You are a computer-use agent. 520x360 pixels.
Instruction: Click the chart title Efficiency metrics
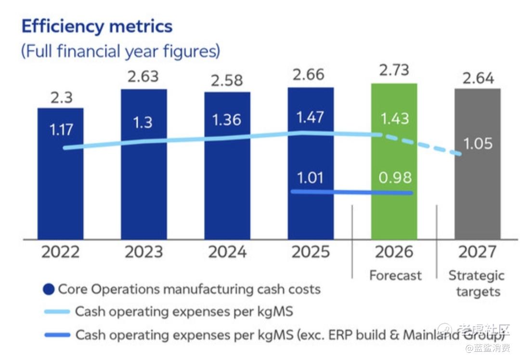pos(97,27)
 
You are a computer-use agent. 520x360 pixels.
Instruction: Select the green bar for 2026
pos(394,212)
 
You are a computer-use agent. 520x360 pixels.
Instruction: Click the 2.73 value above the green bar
pos(394,70)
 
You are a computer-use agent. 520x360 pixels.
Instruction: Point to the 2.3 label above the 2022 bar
pos(61,97)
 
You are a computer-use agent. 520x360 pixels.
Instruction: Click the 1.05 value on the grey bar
pos(478,144)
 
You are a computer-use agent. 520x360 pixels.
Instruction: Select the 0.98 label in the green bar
pos(394,177)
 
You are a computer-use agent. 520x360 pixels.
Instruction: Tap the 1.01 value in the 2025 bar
pos(311,177)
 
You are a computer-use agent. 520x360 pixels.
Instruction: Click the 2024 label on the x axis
pos(227,252)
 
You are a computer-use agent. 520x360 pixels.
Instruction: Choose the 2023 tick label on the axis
pos(143,252)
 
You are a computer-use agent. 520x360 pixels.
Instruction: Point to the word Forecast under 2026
pos(395,275)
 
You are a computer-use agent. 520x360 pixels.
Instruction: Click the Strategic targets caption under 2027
pos(477,283)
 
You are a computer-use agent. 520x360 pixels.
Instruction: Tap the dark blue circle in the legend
pos(49,289)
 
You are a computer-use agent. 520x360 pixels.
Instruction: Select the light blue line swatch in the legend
pos(57,312)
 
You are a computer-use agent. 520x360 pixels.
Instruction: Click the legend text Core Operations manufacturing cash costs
pos(189,289)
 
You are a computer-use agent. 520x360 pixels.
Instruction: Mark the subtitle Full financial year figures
pos(120,51)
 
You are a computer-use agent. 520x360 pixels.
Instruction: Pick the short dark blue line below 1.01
pos(351,192)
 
